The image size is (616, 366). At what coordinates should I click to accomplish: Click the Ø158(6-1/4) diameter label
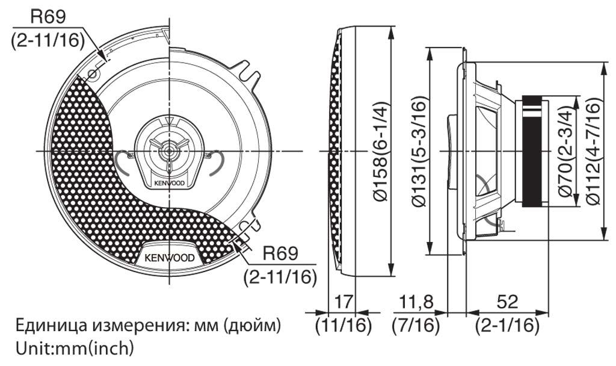click(x=381, y=151)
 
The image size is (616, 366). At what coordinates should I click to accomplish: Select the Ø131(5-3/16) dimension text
click(x=419, y=151)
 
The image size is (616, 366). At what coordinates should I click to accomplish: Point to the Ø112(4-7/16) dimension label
click(x=593, y=151)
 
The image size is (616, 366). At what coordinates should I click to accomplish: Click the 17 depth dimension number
click(x=343, y=302)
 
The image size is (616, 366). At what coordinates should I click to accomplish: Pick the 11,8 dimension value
click(x=416, y=302)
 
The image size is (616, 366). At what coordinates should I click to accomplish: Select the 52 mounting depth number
click(x=507, y=302)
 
